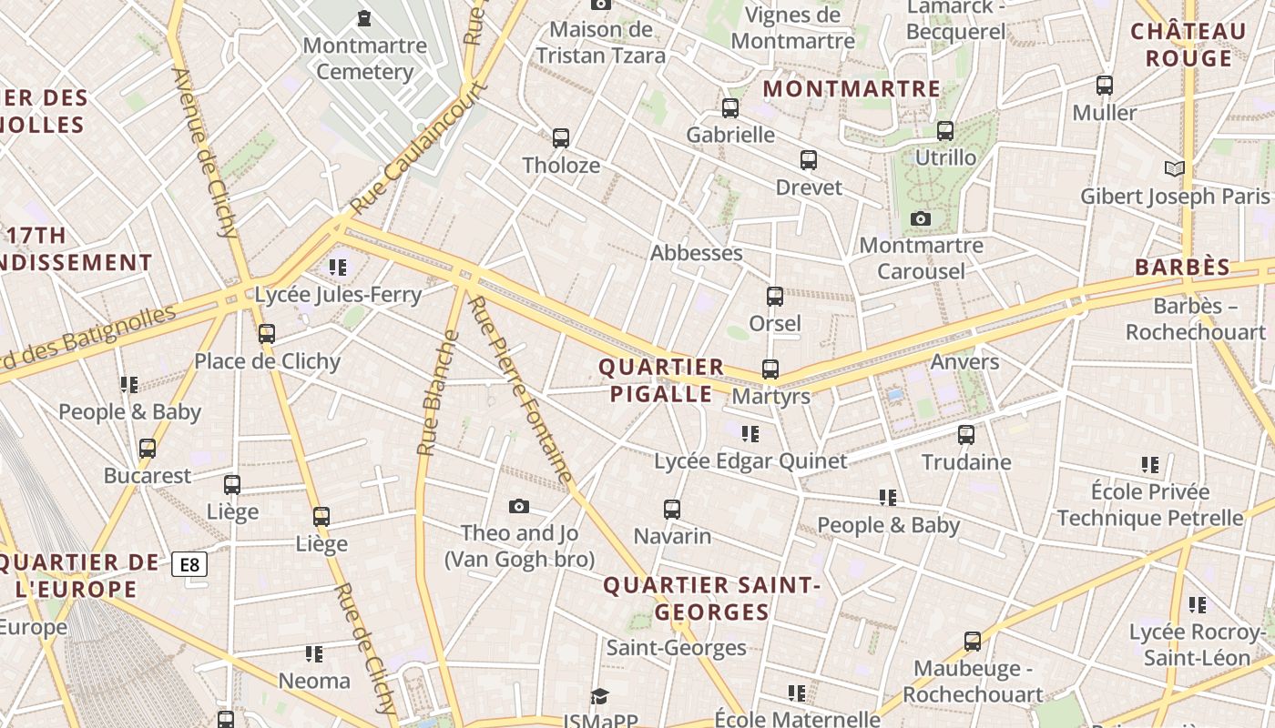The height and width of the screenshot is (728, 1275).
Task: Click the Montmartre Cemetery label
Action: pyautogui.click(x=364, y=58)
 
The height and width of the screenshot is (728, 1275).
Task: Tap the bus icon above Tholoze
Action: pyautogui.click(x=561, y=138)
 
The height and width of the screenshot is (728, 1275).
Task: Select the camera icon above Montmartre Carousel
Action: pyautogui.click(x=921, y=218)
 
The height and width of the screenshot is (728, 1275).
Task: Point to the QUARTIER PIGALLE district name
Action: pyautogui.click(x=661, y=380)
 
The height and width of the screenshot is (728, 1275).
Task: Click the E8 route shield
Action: pyautogui.click(x=189, y=565)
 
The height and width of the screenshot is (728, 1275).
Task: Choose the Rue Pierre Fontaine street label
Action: pyautogui.click(x=521, y=389)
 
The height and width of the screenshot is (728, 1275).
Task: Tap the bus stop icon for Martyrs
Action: pyautogui.click(x=770, y=369)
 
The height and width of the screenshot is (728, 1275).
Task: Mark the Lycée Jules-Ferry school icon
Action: pyautogui.click(x=338, y=268)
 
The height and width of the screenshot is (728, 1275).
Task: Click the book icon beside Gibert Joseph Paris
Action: pyautogui.click(x=1175, y=168)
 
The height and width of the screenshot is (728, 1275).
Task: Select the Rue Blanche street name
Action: pyautogui.click(x=438, y=393)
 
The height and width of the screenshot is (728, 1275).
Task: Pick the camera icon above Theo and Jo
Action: pyautogui.click(x=519, y=506)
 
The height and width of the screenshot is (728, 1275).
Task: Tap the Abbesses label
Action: pyautogui.click(x=696, y=253)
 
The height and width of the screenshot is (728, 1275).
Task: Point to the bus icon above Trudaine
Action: pyautogui.click(x=966, y=435)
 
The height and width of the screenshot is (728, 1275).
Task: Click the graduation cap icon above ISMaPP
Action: pyautogui.click(x=599, y=696)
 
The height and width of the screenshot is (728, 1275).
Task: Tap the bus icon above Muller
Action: pyautogui.click(x=1105, y=86)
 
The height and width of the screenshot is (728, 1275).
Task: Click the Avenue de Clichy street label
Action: pyautogui.click(x=204, y=152)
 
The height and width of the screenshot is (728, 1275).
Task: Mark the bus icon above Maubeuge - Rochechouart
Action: pyautogui.click(x=973, y=642)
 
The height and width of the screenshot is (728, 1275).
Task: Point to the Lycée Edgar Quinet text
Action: pyautogui.click(x=750, y=461)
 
